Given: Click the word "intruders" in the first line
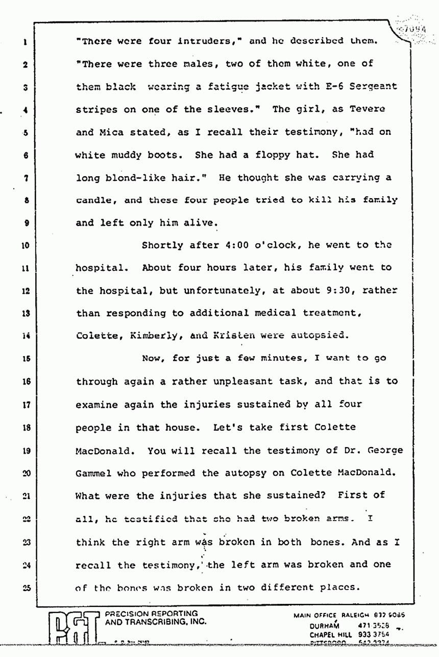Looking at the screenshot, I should coord(206,42).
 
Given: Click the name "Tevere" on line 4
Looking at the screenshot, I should coord(368,109).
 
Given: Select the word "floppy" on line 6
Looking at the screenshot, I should coord(278,154).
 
